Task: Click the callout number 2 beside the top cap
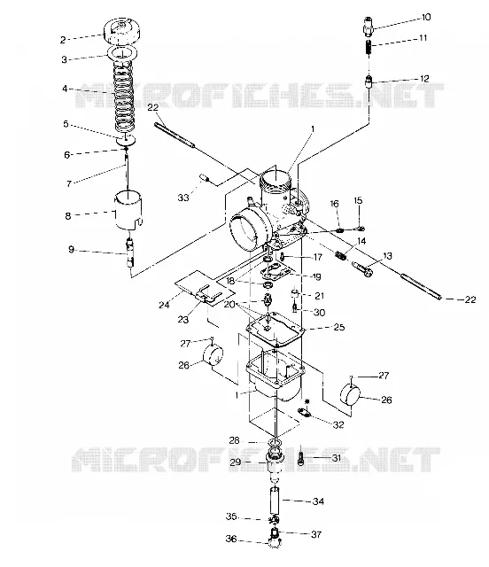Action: (x=63, y=40)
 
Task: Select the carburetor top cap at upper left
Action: (x=122, y=31)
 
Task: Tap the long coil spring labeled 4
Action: (x=124, y=96)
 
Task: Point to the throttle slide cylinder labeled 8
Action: (x=128, y=210)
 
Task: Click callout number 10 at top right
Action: (x=426, y=17)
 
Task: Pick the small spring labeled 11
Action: (x=369, y=47)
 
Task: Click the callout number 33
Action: (x=183, y=198)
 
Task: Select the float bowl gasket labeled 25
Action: (x=276, y=330)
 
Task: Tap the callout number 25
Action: (x=339, y=327)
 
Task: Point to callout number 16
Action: (x=335, y=204)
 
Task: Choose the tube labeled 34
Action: (x=276, y=501)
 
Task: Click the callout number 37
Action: (x=316, y=534)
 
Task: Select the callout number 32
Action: (x=338, y=424)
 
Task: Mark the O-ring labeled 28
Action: (x=276, y=443)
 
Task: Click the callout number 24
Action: (x=164, y=305)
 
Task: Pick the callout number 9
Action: (x=71, y=249)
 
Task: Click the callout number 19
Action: (x=316, y=276)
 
